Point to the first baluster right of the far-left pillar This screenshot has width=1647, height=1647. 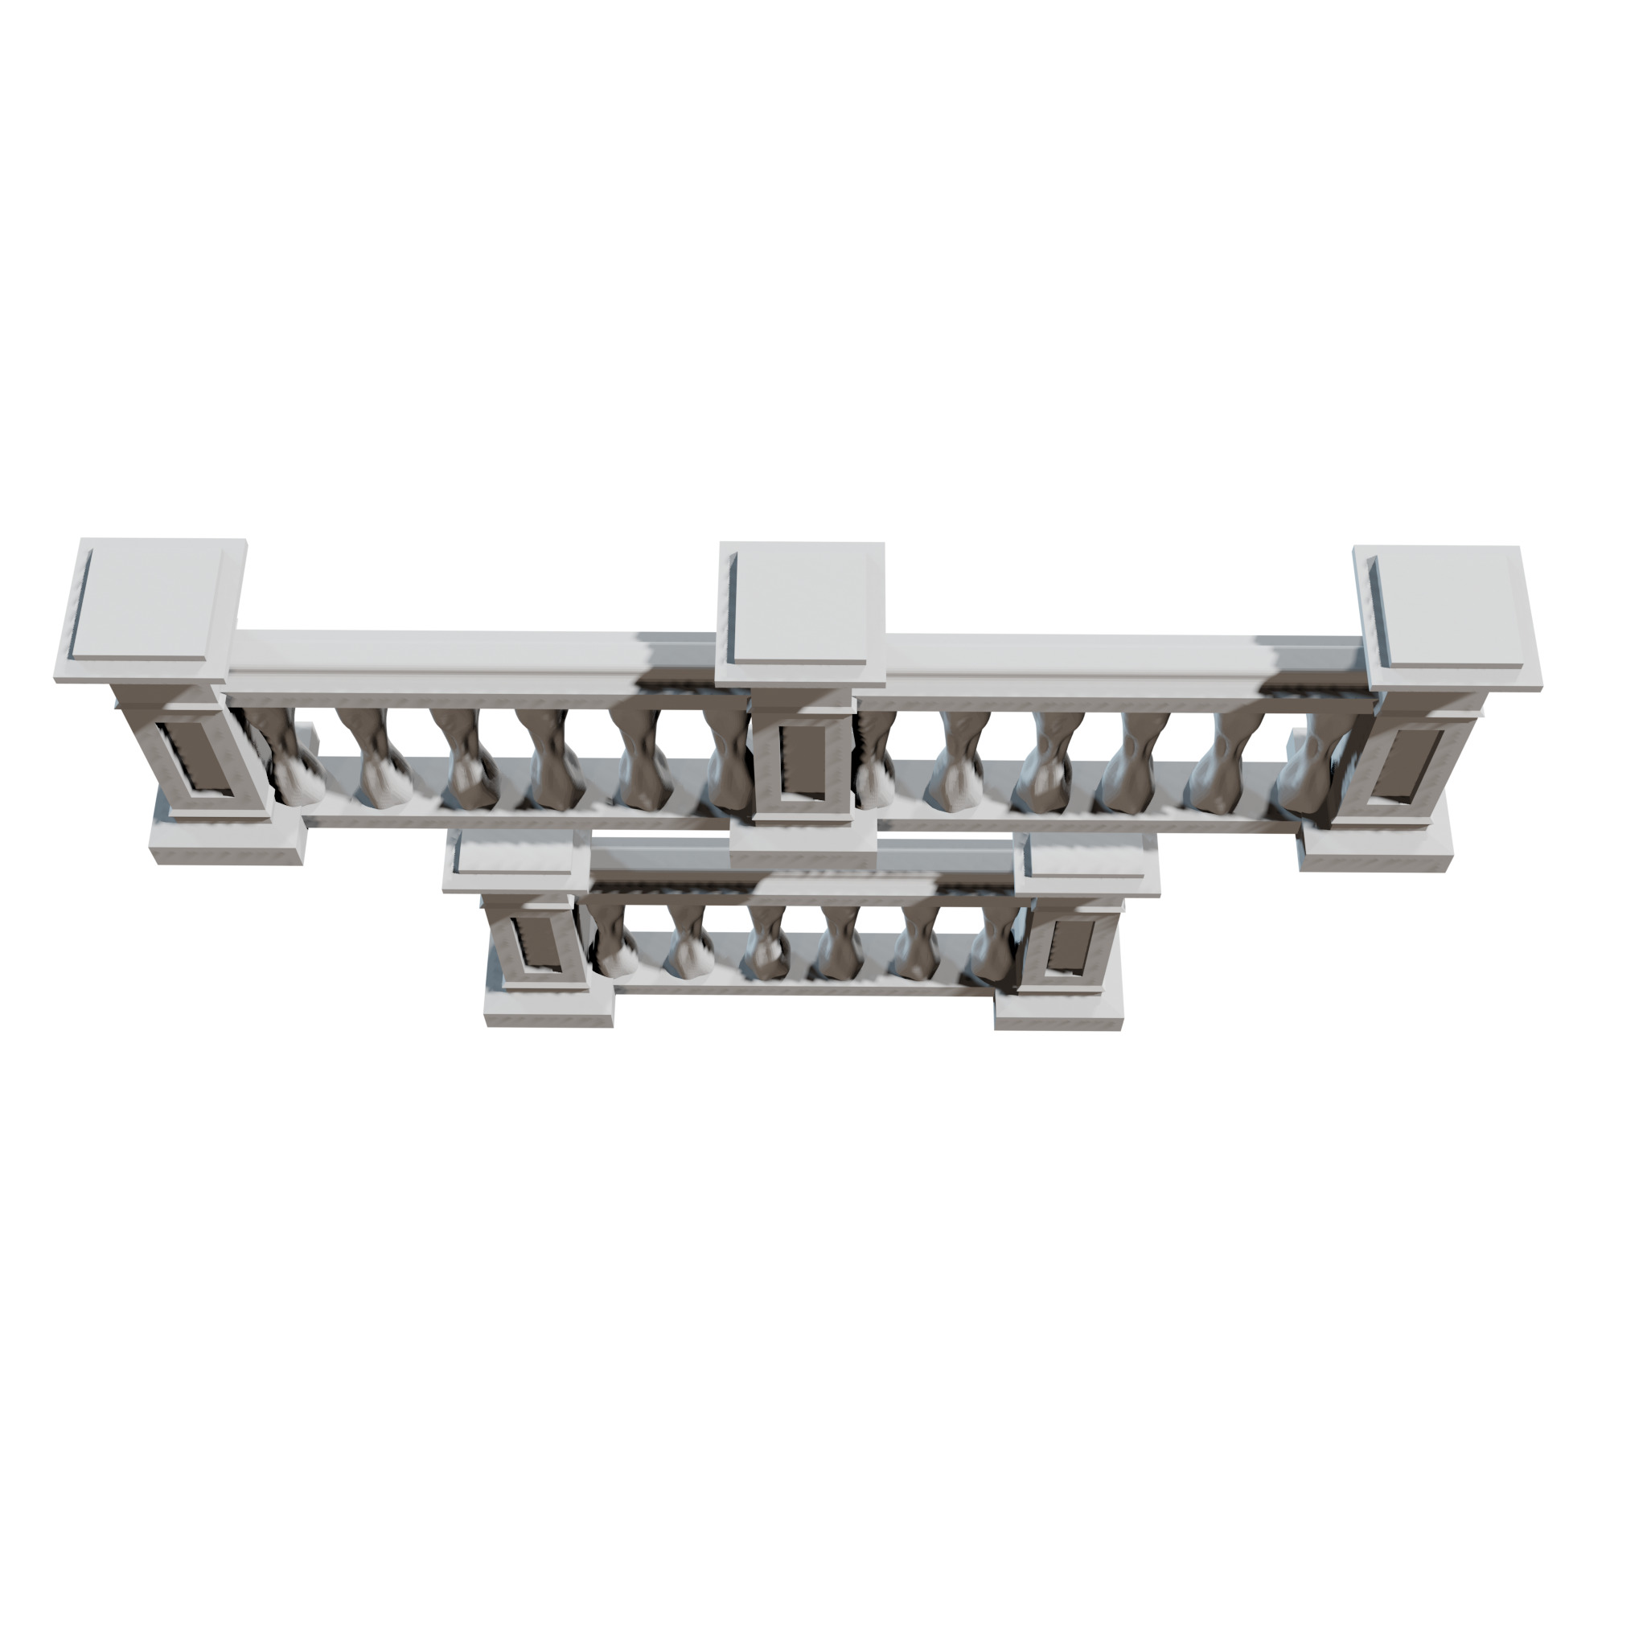point(285,758)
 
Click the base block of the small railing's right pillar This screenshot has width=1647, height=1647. point(1057,1010)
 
